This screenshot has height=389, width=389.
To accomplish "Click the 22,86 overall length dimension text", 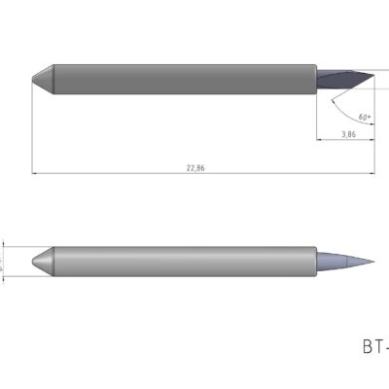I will coord(196,168).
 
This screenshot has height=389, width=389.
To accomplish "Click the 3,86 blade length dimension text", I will coord(347,135).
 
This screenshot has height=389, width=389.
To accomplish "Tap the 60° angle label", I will coord(365,117).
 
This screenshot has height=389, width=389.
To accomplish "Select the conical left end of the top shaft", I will coord(44,80).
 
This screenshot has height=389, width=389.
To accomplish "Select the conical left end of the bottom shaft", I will coord(44,262).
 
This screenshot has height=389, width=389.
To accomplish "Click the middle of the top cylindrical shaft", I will coord(185,80).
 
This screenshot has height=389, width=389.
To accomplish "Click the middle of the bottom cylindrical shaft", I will coord(185,262).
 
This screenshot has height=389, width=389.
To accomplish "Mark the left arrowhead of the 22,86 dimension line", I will coord(35,174).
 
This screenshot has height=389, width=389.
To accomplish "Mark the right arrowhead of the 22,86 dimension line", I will coord(373,174).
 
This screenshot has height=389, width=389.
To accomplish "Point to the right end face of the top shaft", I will coord(316,80).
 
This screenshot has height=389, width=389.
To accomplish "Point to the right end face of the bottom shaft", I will coord(316,262).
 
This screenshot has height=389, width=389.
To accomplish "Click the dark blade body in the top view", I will coord(340,78).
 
